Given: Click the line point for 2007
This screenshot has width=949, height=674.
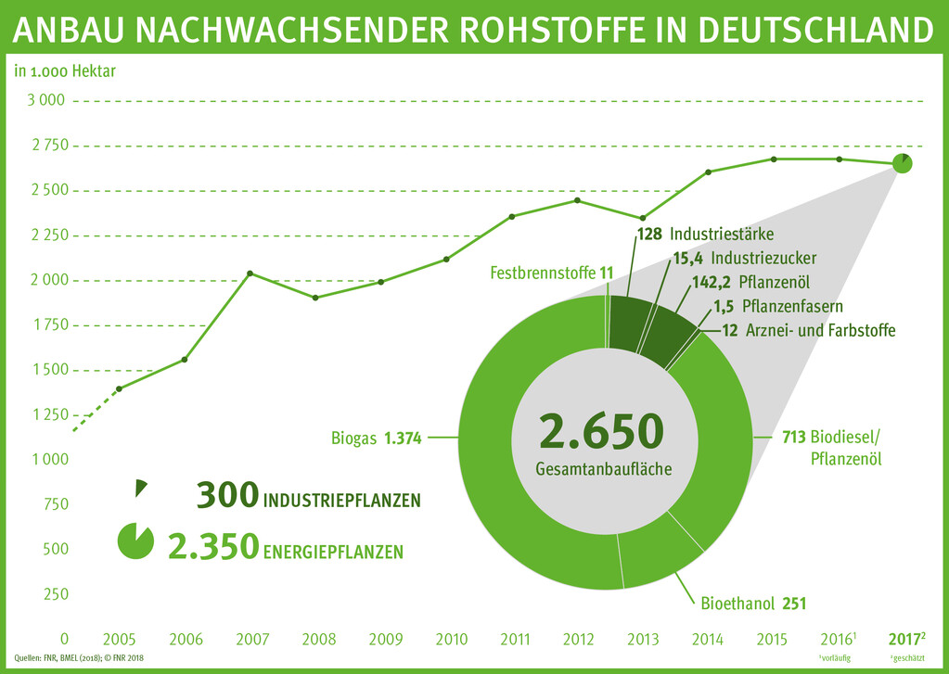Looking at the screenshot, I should (250, 273).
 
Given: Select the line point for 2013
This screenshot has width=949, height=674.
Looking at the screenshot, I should (642, 218).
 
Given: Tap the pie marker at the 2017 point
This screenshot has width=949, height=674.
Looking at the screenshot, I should (903, 163).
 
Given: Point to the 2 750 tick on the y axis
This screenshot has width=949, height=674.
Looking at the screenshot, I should (43, 146).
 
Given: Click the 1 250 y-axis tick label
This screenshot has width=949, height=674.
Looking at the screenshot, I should (43, 414).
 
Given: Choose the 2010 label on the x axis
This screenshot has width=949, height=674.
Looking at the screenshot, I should (451, 640).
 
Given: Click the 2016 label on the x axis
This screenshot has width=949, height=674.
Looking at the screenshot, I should (836, 640).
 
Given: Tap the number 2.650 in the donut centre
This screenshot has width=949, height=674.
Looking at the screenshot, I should (602, 433).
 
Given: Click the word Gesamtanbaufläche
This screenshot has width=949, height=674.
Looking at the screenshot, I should (603, 470).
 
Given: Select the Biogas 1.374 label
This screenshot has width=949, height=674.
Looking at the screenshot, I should (376, 439).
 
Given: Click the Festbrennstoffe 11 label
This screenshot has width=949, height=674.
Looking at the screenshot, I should (551, 273).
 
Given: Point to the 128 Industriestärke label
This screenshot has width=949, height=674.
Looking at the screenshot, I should (705, 234).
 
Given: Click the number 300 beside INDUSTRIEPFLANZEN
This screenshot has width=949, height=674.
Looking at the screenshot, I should (226, 497).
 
